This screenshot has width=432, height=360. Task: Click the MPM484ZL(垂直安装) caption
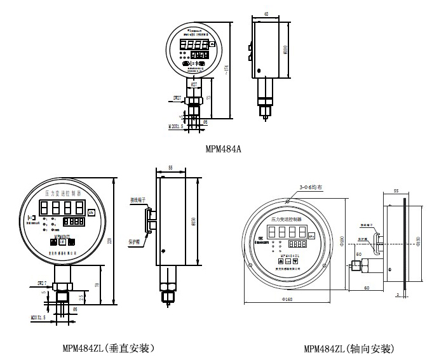tap(108, 349)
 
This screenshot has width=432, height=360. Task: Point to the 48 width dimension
tap(265, 13)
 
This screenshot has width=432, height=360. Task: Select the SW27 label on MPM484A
tap(178, 98)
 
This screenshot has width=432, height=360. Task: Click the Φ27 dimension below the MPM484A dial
tap(194, 83)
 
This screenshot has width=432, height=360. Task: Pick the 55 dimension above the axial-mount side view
tap(396, 190)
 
